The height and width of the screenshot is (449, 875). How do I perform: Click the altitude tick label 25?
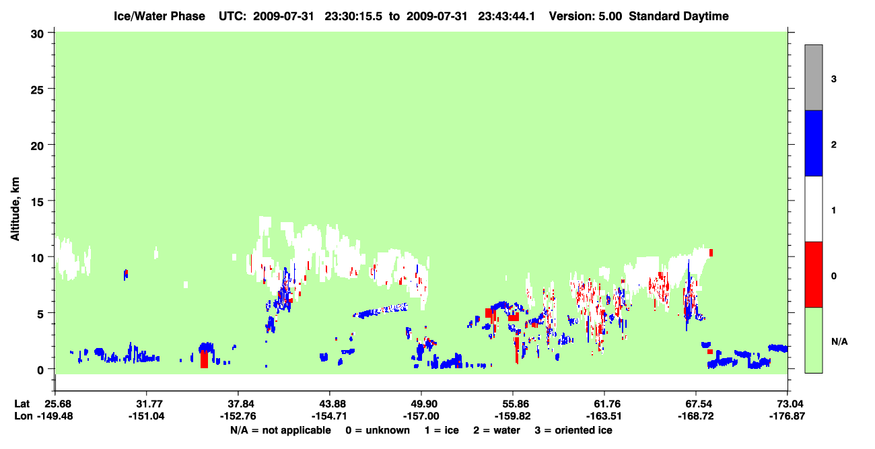pos(37,90)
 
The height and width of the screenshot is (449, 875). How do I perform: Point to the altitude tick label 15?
pos(37,202)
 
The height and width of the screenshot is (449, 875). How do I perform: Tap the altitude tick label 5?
pos(40,314)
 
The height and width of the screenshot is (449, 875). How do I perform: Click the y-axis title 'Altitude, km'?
pos(15,209)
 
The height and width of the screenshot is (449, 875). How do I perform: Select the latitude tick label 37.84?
pos(238,404)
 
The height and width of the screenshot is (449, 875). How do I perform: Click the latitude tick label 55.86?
pos(513,404)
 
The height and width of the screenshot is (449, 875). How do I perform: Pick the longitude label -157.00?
pos(421,416)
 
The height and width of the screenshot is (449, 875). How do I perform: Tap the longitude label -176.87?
pos(787,416)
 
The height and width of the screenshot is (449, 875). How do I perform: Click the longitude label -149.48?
pos(55,416)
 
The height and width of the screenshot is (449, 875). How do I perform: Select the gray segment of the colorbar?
pos(813,77)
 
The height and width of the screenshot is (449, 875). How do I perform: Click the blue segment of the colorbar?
pos(813,143)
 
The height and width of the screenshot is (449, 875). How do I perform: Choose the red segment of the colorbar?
pos(813,275)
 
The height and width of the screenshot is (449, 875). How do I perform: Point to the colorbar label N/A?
pos(839,342)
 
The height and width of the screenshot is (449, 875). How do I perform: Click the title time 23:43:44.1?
pos(506,16)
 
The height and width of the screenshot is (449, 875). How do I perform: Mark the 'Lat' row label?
pos(22,404)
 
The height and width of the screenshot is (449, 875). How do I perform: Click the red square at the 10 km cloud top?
pos(711,253)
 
